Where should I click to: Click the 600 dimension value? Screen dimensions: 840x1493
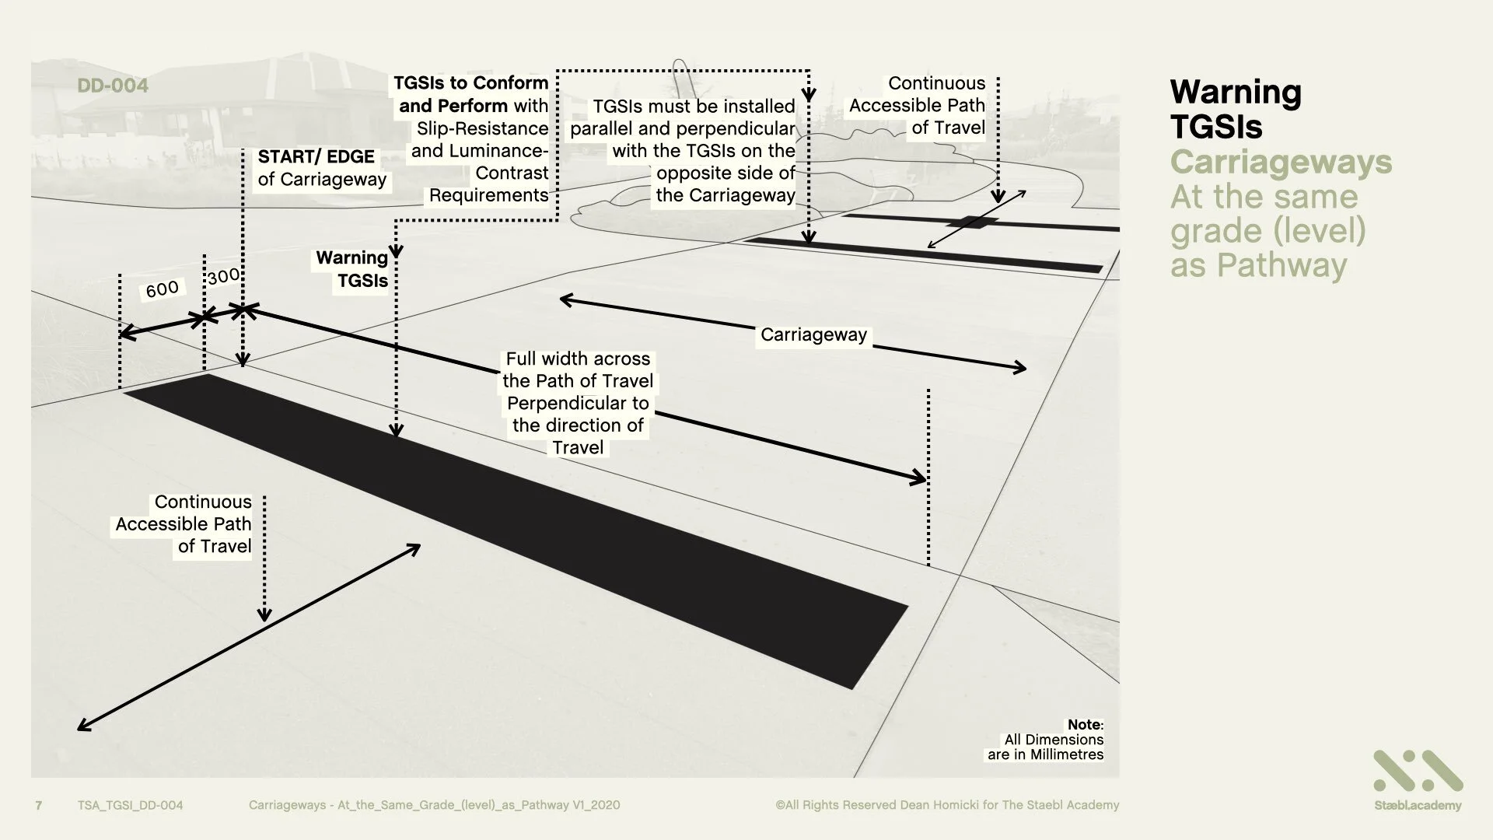coord(163,289)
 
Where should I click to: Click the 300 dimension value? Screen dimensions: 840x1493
coord(223,277)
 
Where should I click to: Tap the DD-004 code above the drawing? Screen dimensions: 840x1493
coord(113,86)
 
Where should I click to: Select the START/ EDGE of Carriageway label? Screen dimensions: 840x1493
coord(322,168)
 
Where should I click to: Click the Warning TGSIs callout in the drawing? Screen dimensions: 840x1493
coord(353,269)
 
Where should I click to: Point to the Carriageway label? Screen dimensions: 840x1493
coord(813,334)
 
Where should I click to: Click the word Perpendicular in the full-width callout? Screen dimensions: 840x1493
coord(578,403)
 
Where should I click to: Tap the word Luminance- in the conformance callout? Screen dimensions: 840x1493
coord(480,151)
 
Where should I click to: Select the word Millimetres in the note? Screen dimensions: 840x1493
coord(1066,754)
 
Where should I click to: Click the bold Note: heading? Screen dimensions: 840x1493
coord(1085,725)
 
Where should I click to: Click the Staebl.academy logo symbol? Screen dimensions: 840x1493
coord(1418,771)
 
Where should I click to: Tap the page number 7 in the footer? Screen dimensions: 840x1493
coord(39,805)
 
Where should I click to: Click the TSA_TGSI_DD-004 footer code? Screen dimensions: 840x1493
coord(130,805)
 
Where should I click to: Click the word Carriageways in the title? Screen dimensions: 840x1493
coord(1281,163)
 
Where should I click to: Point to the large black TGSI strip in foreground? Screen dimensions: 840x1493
coord(513,529)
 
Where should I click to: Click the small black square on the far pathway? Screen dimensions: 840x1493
coord(972,222)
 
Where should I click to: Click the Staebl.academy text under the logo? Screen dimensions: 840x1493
coord(1418,806)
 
